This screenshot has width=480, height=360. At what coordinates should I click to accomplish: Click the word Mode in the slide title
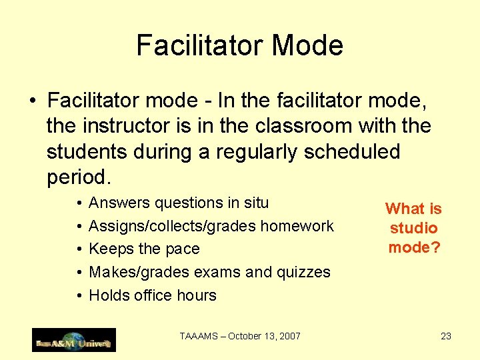click(309, 45)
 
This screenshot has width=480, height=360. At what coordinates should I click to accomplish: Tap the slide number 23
click(446, 336)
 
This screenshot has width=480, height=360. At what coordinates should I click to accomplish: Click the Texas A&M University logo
click(74, 340)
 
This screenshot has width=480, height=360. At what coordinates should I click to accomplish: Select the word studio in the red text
click(413, 228)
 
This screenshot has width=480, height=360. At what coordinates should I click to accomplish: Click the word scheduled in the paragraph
click(352, 152)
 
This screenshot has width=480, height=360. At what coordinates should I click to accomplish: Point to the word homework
click(297, 226)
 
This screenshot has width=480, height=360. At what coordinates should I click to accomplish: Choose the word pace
click(183, 249)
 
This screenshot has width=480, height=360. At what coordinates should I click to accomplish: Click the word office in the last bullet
click(151, 295)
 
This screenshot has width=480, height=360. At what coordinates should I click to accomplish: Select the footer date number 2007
click(289, 336)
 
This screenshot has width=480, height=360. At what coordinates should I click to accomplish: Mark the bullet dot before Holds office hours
click(79, 295)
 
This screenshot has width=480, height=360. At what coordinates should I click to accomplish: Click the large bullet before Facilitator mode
click(32, 102)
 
